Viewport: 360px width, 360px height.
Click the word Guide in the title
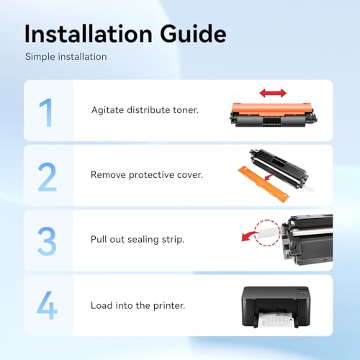pyautogui.click(x=193, y=34)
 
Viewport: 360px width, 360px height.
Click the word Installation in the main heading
pyautogui.click(x=89, y=34)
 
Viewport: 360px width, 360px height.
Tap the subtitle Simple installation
pyautogui.click(x=66, y=57)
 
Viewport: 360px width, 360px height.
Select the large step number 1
pyautogui.click(x=46, y=112)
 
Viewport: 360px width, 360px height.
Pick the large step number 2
pyautogui.click(x=47, y=177)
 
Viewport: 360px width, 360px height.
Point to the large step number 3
pyautogui.click(x=47, y=241)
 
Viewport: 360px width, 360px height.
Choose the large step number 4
pyautogui.click(x=47, y=305)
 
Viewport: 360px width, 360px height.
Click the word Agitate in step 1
pyautogui.click(x=107, y=110)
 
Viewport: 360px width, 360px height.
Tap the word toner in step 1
pyautogui.click(x=186, y=110)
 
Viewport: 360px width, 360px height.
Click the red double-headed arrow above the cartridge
pyautogui.click(x=273, y=93)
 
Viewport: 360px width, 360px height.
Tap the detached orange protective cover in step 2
pyautogui.click(x=264, y=184)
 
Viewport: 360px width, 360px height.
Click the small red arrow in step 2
pyautogui.click(x=270, y=178)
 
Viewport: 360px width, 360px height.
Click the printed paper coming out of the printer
pyautogui.click(x=276, y=319)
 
